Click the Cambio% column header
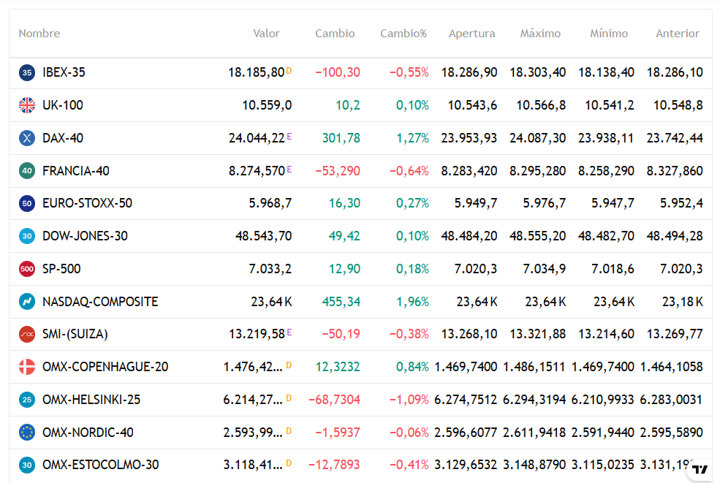click(x=403, y=34)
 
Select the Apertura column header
click(x=471, y=34)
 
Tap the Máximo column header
click(x=540, y=34)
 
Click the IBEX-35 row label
click(x=64, y=72)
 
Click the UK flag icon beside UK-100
click(x=27, y=105)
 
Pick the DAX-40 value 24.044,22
click(x=257, y=138)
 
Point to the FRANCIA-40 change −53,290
click(x=338, y=171)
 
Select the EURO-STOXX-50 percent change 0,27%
click(x=412, y=203)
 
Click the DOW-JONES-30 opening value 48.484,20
click(x=469, y=236)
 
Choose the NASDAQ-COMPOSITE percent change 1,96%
click(x=412, y=302)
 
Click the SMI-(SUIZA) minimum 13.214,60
click(x=606, y=334)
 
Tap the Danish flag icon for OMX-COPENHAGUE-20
click(x=27, y=367)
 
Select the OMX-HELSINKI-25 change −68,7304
click(x=334, y=400)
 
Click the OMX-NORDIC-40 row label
click(x=88, y=433)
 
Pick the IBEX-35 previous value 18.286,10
click(x=675, y=72)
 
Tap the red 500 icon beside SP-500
click(x=27, y=269)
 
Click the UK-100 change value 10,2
click(x=348, y=105)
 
